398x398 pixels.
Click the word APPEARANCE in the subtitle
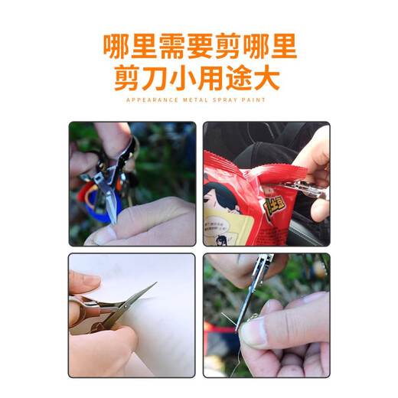point(150,99)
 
